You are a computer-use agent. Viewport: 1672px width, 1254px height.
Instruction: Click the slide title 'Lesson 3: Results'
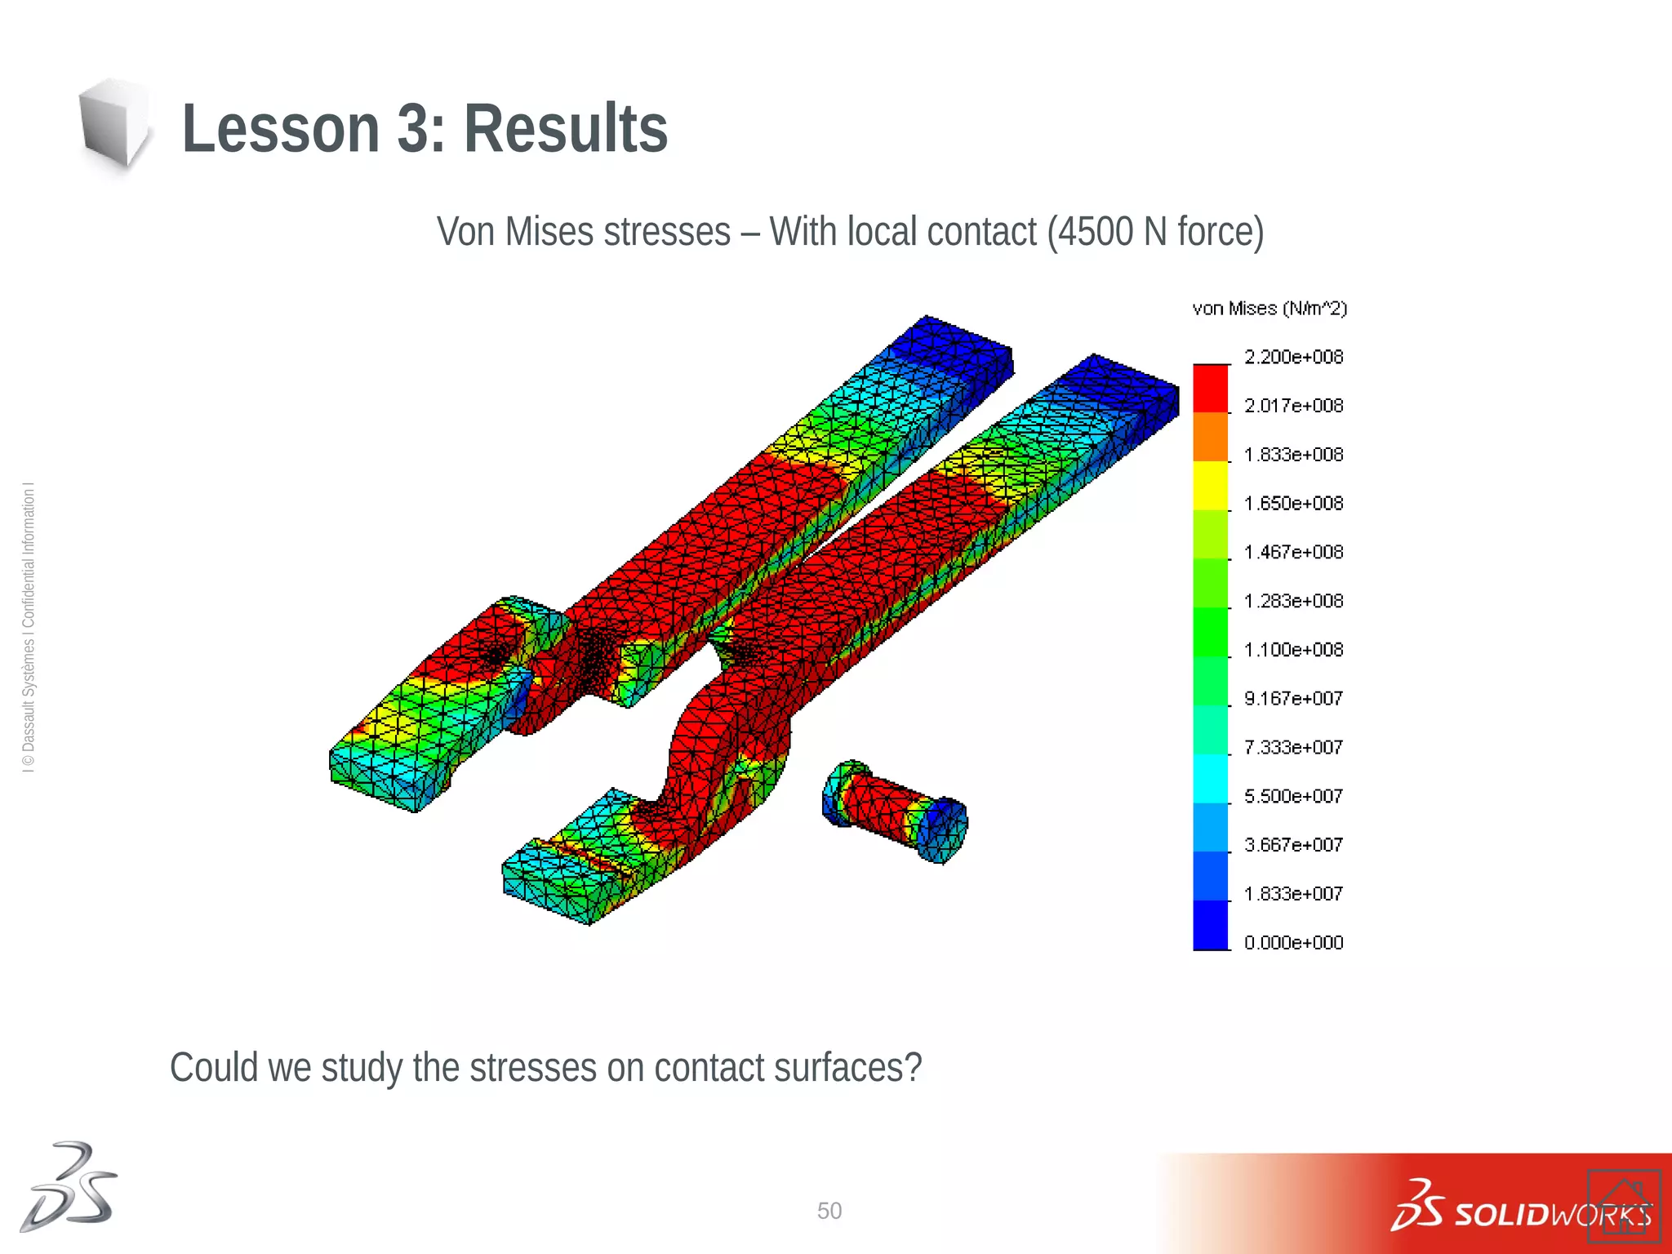(x=425, y=129)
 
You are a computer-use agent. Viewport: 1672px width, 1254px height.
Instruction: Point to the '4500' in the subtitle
(x=1095, y=232)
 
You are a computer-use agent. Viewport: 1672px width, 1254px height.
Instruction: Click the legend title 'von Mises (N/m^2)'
(x=1270, y=309)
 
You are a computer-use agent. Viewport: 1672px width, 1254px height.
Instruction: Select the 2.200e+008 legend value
(x=1293, y=357)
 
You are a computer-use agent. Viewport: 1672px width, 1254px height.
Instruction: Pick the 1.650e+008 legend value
(x=1293, y=503)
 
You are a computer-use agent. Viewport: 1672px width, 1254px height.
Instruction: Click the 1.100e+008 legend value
(x=1293, y=650)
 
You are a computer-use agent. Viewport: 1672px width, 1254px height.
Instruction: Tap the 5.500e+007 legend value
(x=1293, y=796)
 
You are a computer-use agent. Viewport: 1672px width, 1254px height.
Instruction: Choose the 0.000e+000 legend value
(x=1293, y=942)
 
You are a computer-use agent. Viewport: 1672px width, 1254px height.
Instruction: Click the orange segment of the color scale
(x=1211, y=437)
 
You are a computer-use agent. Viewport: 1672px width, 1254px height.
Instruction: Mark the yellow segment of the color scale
(x=1211, y=486)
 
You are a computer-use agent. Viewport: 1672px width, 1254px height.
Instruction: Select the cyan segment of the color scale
(x=1211, y=779)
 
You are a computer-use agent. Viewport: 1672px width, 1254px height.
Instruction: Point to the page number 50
(x=829, y=1211)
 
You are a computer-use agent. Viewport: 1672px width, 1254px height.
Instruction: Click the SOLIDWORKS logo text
(x=1551, y=1215)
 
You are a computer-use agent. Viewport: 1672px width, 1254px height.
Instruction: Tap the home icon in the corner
(x=1624, y=1205)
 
